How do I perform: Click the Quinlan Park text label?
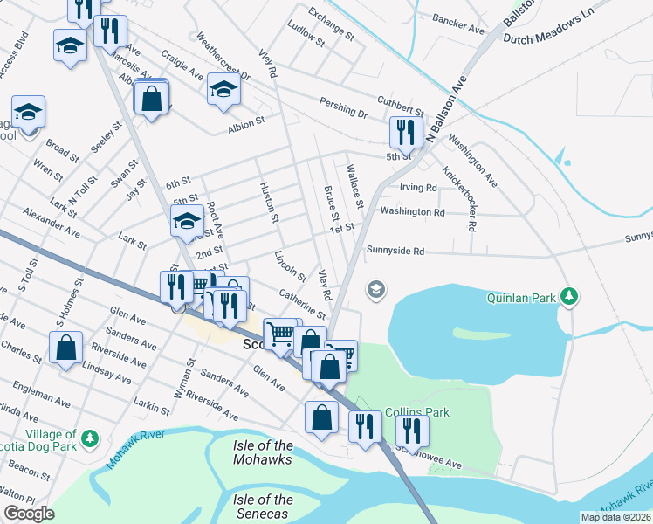coord(522,298)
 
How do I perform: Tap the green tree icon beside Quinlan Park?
coord(569,297)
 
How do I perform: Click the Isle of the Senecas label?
coord(263,507)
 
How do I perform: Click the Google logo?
coord(29,513)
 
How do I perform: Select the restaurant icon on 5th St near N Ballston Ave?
coord(406,132)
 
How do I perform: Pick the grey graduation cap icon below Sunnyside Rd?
coord(376,289)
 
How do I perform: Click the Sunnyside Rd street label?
coord(395,251)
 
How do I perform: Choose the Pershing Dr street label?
coord(343,112)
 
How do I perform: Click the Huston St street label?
coord(270,202)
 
